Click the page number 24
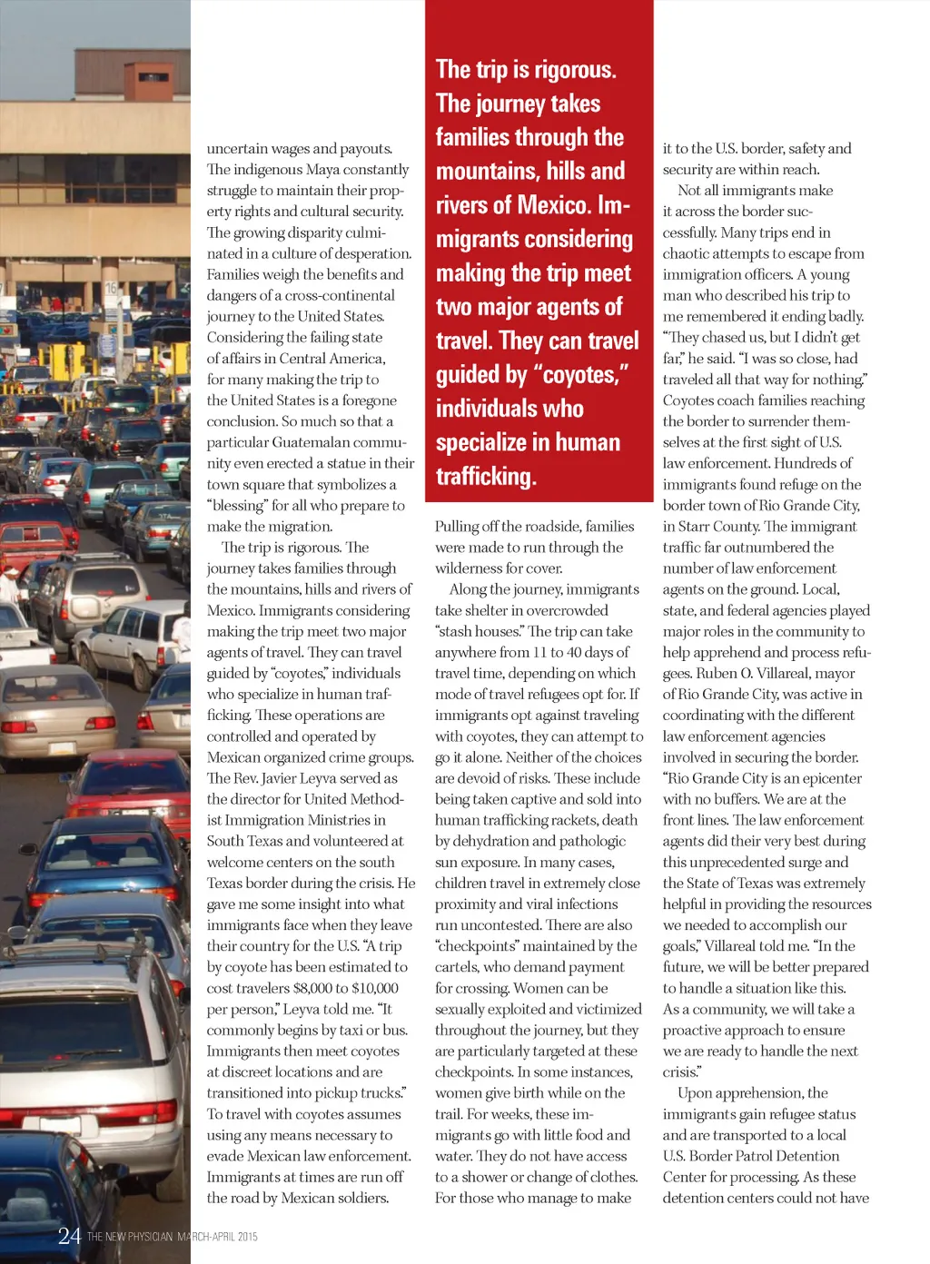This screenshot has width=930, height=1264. (69, 1235)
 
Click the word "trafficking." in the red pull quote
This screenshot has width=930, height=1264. (486, 476)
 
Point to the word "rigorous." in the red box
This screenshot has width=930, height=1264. (577, 69)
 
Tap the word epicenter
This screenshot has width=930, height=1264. (823, 778)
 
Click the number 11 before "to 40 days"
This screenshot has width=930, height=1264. (540, 652)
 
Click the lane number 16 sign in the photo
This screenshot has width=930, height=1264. (112, 288)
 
